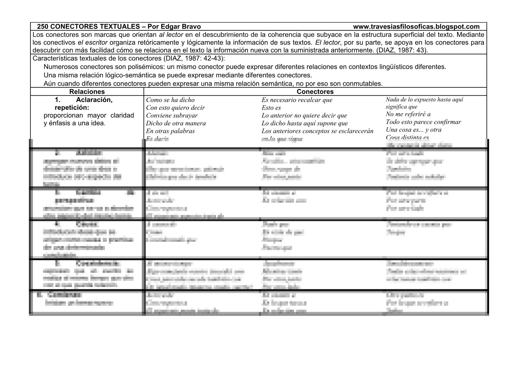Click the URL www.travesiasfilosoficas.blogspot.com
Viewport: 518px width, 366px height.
click(x=416, y=27)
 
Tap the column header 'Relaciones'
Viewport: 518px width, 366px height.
click(x=87, y=92)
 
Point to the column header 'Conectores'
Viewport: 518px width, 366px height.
click(x=315, y=92)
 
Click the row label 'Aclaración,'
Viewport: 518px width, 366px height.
click(x=94, y=100)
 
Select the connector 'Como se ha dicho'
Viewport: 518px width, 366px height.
click(x=170, y=100)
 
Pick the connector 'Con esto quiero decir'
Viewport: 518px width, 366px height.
click(x=175, y=108)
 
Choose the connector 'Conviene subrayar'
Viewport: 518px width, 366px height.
click(x=172, y=116)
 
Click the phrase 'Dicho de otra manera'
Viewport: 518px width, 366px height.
click(x=176, y=123)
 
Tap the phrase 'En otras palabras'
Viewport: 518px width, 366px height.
click(x=170, y=131)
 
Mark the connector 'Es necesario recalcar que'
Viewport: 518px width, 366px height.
click(x=297, y=100)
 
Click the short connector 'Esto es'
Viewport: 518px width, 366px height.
click(x=271, y=108)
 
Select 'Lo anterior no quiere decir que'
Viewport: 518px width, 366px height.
click(x=304, y=116)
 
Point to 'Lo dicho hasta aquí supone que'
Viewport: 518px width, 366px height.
click(x=305, y=123)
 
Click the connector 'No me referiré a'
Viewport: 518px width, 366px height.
click(x=408, y=114)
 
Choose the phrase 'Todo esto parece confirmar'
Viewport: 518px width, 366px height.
click(x=423, y=122)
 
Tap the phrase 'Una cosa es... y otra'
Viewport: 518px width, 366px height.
click(x=413, y=129)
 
